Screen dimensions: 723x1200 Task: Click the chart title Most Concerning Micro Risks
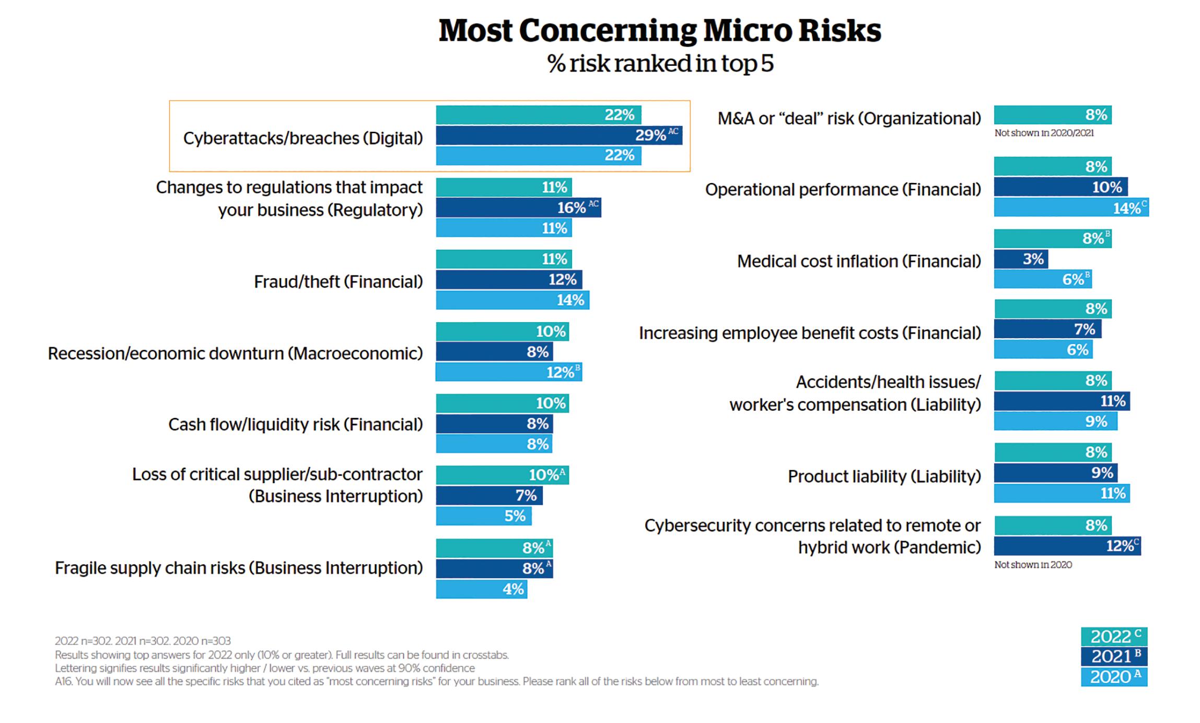coord(659,30)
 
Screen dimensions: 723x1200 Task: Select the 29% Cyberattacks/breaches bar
coord(558,135)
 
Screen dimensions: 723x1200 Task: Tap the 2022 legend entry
coord(1114,637)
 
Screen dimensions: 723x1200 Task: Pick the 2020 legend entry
coord(1114,677)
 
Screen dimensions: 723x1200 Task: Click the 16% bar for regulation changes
coord(518,208)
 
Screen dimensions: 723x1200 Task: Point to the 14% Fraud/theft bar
coord(512,300)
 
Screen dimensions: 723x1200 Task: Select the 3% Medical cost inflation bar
coord(1020,259)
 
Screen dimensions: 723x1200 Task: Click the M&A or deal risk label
coord(849,119)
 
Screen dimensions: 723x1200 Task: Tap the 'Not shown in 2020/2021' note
coord(1043,133)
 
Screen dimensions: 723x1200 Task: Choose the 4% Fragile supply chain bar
coord(481,589)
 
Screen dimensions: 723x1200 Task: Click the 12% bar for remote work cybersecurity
coord(1067,546)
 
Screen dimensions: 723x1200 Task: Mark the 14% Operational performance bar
coord(1070,208)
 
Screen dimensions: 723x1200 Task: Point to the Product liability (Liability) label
coord(884,476)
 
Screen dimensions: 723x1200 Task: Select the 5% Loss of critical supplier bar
coord(483,516)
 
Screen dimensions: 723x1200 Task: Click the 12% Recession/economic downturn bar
coord(508,372)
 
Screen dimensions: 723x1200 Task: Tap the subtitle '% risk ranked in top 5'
coord(660,64)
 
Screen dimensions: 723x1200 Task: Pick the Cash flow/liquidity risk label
coord(295,424)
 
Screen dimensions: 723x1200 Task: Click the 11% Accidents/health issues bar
coord(1061,401)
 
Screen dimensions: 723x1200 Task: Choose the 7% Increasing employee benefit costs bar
coord(1047,329)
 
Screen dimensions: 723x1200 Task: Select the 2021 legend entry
coord(1114,657)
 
